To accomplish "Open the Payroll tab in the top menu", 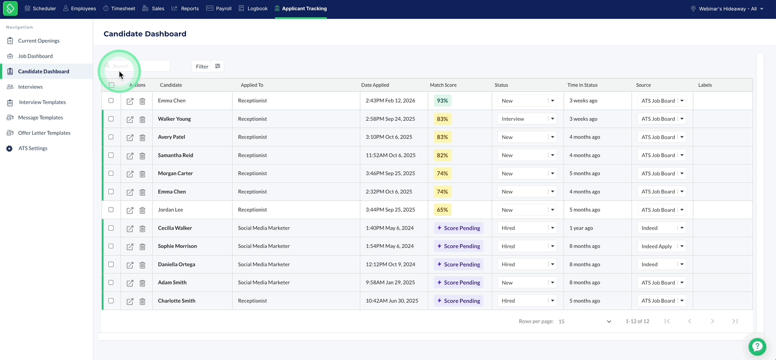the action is (x=219, y=8).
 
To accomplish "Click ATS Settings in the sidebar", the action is (x=32, y=148).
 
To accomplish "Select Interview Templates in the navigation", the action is (x=42, y=102).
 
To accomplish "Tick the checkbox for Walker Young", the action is (x=111, y=119).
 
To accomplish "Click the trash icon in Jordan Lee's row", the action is (x=142, y=210).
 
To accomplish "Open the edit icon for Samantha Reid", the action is (x=130, y=156).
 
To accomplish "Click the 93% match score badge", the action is (x=442, y=100).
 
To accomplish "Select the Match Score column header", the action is (x=443, y=85).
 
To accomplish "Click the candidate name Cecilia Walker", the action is (x=175, y=228).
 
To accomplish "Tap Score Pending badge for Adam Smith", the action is (x=459, y=282).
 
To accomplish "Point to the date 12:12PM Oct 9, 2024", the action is (x=390, y=265).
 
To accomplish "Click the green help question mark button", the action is (x=757, y=347).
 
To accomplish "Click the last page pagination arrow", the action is (x=735, y=321).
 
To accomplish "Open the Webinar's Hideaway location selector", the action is (x=727, y=9).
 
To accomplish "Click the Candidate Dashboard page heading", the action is (x=145, y=33).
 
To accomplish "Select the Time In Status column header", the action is (x=583, y=85).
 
